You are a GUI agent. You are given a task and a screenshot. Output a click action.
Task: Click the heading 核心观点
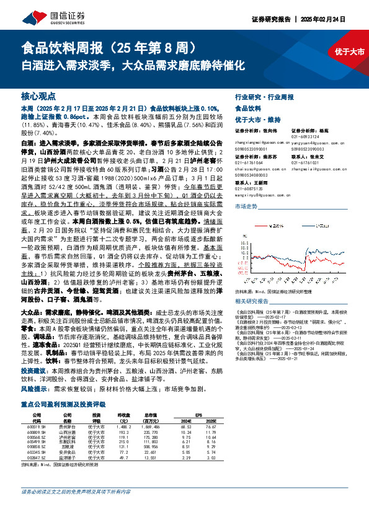tap(38, 97)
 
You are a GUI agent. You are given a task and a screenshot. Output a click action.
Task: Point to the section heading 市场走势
tap(247, 205)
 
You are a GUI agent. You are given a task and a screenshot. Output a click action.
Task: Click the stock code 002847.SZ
tap(37, 476)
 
